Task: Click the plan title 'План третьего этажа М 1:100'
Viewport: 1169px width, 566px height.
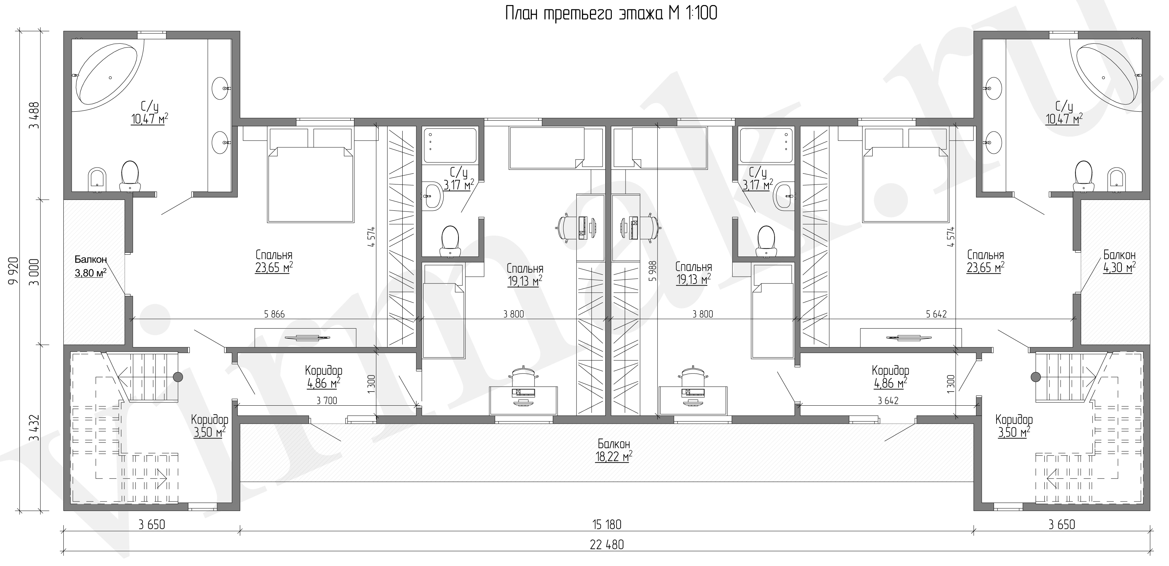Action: (611, 14)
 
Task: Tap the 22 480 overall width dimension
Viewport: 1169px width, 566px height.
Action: (607, 545)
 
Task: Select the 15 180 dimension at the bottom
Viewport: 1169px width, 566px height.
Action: (607, 525)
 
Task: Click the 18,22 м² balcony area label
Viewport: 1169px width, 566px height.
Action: (614, 456)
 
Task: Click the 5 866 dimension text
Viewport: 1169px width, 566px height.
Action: (274, 314)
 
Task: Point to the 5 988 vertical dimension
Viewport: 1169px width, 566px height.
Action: (653, 271)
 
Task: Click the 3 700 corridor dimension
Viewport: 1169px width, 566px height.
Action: (327, 400)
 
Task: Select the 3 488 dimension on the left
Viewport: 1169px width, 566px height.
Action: (34, 115)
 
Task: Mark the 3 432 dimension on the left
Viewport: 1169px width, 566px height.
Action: (34, 428)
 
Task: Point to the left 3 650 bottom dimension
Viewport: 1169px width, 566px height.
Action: (152, 525)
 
